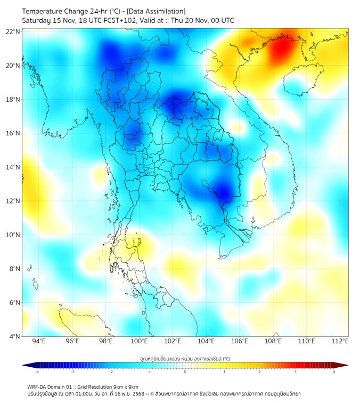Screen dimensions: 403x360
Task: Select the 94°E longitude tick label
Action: tap(39, 342)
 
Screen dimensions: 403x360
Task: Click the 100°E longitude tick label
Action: tap(140, 342)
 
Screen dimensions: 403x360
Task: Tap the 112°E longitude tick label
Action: tap(340, 342)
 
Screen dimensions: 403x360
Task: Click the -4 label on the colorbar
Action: tap(37, 372)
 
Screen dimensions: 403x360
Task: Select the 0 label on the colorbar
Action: tap(185, 372)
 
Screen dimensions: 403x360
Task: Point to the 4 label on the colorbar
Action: tap(333, 372)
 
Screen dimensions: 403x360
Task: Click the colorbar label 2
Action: tap(259, 372)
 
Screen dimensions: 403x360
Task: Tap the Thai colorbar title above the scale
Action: tap(185, 359)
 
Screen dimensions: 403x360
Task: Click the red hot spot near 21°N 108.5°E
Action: tap(282, 48)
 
